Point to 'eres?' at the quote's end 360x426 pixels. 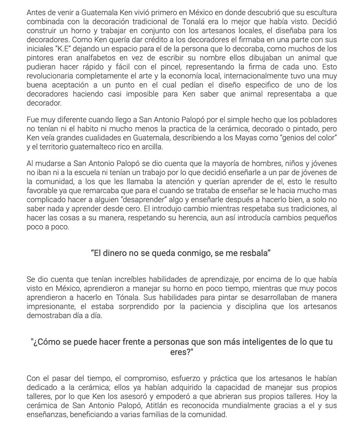181,352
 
